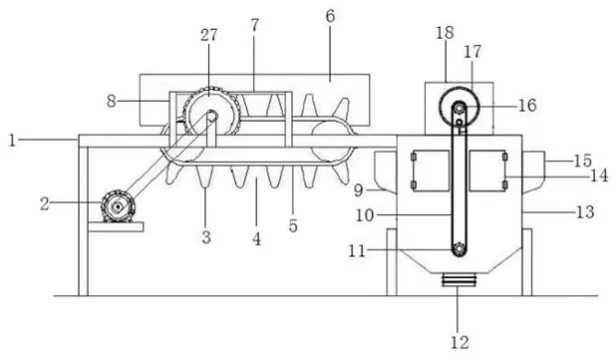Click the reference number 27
pos(208,35)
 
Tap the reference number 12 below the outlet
pos(460,343)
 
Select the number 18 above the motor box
pos(445,33)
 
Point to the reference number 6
pos(331,16)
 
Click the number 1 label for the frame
pos(13,141)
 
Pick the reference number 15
pos(582,161)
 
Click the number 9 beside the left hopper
pos(359,190)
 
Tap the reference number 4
pos(256,238)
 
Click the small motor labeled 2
pos(118,205)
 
